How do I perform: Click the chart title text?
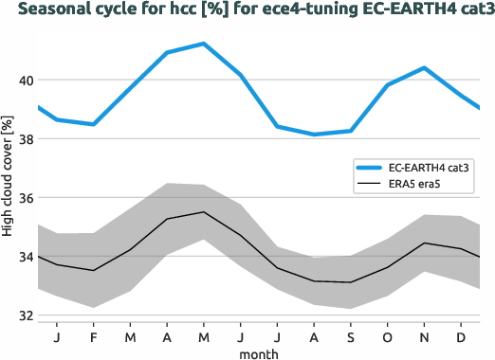[x=246, y=10]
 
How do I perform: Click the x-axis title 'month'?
[x=259, y=351]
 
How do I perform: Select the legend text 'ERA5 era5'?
[x=410, y=185]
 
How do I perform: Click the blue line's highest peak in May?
[x=204, y=44]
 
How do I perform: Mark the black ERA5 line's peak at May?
[x=204, y=212]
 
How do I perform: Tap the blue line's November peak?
[x=424, y=68]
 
